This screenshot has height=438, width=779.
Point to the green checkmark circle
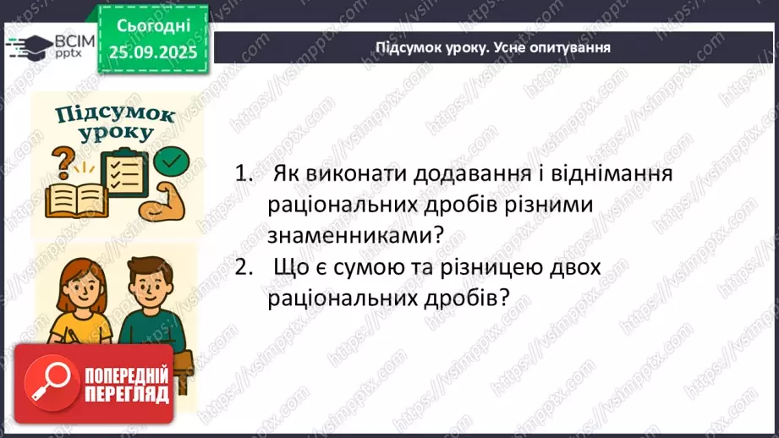tap(173, 159)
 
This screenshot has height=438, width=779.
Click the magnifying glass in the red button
tap(48, 384)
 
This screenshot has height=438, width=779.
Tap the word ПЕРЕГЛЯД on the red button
tap(127, 394)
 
